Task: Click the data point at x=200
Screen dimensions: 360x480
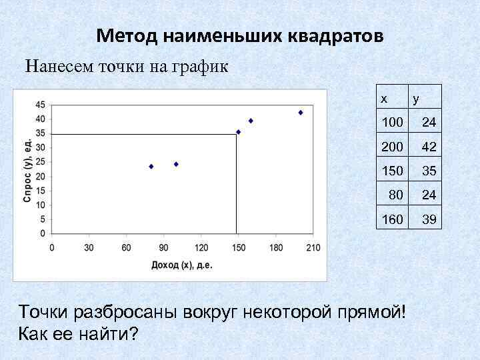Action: pos(301,113)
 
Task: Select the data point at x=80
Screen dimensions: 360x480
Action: pos(151,166)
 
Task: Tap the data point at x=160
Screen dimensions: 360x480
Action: pos(251,121)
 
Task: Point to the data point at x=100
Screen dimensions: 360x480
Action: pos(176,164)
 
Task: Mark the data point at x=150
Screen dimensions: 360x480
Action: pos(239,132)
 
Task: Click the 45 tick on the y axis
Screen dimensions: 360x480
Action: pos(41,105)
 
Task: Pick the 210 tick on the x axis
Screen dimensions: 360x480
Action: pos(313,248)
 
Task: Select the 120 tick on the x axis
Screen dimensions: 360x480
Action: pos(201,248)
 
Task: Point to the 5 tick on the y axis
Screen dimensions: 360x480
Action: pos(43,219)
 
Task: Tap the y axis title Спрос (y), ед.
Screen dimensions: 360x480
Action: pos(29,171)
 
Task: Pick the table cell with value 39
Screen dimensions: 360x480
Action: pos(429,218)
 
